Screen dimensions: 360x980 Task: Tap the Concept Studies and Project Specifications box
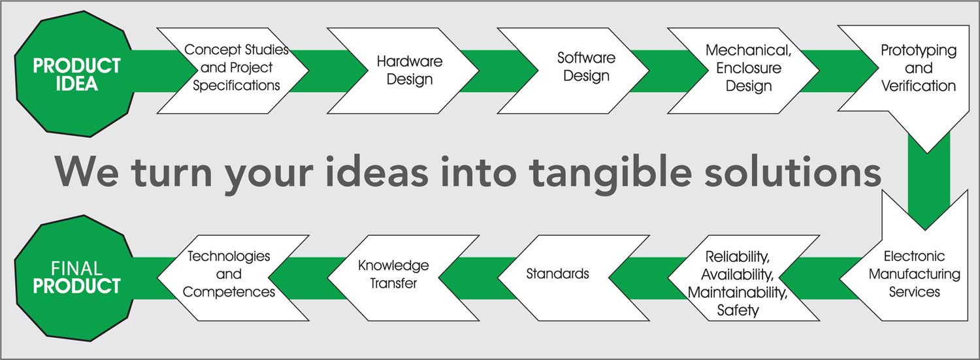[232, 67]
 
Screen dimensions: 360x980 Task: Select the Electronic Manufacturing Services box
[915, 273]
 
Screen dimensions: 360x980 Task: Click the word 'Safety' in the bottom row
[738, 310]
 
